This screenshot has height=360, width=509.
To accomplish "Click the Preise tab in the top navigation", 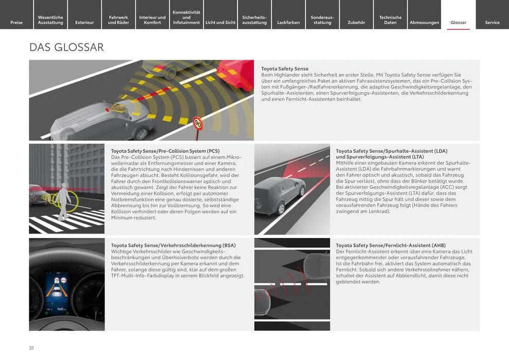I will [x=16, y=22].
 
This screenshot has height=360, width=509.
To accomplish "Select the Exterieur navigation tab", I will [x=84, y=22].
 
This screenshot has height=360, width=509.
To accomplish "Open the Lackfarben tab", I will [x=288, y=22].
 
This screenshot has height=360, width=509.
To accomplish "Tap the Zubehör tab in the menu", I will [x=356, y=22].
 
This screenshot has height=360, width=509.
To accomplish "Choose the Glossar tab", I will [x=458, y=22].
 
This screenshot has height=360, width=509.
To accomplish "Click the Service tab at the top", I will [x=492, y=22].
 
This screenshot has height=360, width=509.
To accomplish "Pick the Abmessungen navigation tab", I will [x=424, y=22].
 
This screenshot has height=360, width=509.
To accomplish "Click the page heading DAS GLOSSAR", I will [x=67, y=47].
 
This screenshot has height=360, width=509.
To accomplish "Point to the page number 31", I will [x=31, y=348].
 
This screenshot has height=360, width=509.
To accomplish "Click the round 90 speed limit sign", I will [x=198, y=123].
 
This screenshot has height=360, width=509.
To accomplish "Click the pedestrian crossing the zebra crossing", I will [x=64, y=202].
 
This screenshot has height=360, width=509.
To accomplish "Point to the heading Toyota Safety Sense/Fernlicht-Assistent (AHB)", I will [x=391, y=246].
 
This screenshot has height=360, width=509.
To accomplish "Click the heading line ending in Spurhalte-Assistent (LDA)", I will [x=391, y=151].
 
